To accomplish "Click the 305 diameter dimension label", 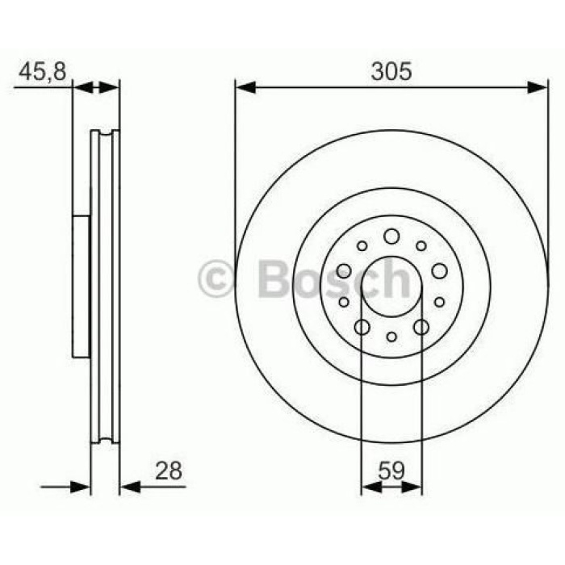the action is coord(391,71).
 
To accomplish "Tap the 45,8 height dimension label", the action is coord(43,72).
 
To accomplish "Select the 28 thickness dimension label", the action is coord(168,471).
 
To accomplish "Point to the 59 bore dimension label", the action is coord(391,471).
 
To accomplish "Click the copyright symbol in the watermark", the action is coord(216,279).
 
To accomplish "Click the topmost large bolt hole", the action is coord(391,236).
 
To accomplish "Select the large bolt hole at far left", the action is coord(344,271).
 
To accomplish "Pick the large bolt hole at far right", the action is coord(440,271).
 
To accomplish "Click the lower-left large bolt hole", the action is coord(362,327).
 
